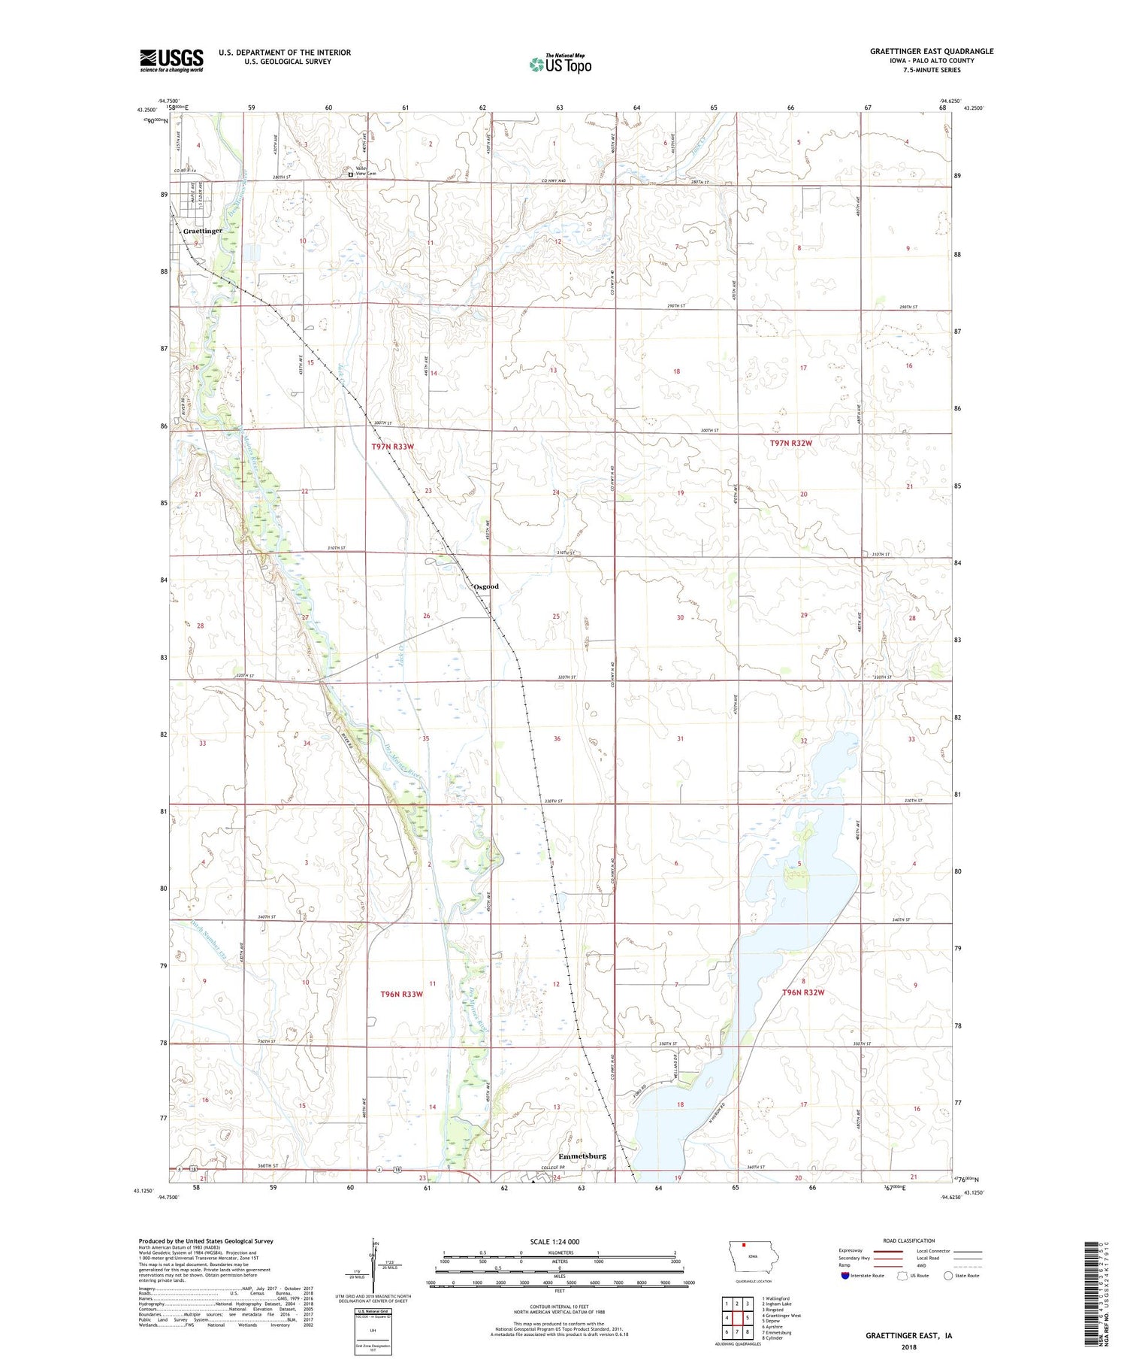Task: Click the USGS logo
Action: click(x=171, y=60)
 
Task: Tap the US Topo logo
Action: click(x=560, y=65)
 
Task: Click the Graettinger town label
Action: click(x=203, y=231)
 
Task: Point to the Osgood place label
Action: click(x=485, y=586)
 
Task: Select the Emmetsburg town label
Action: click(x=582, y=1156)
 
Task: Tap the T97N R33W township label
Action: click(x=393, y=447)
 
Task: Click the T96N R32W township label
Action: click(x=803, y=992)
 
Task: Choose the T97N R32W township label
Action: click(x=790, y=444)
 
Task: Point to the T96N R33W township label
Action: click(x=402, y=994)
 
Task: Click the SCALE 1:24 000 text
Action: click(x=554, y=1242)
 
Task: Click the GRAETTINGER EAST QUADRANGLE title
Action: click(x=932, y=51)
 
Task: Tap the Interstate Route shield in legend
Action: click(x=844, y=1276)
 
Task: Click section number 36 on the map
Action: click(x=557, y=738)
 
